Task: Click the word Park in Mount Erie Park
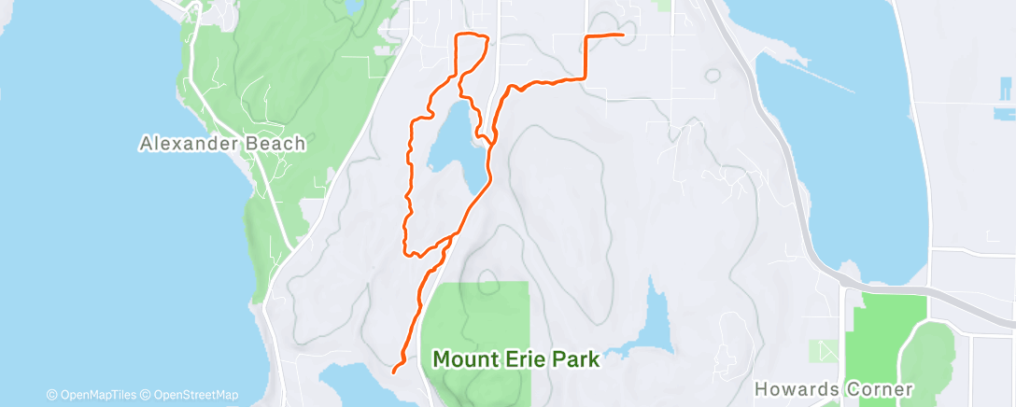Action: tap(576, 358)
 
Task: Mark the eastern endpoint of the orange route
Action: tap(622, 35)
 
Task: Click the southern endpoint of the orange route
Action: tap(393, 371)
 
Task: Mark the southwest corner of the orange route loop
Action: tap(406, 252)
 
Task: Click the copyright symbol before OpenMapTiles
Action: tap(51, 395)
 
